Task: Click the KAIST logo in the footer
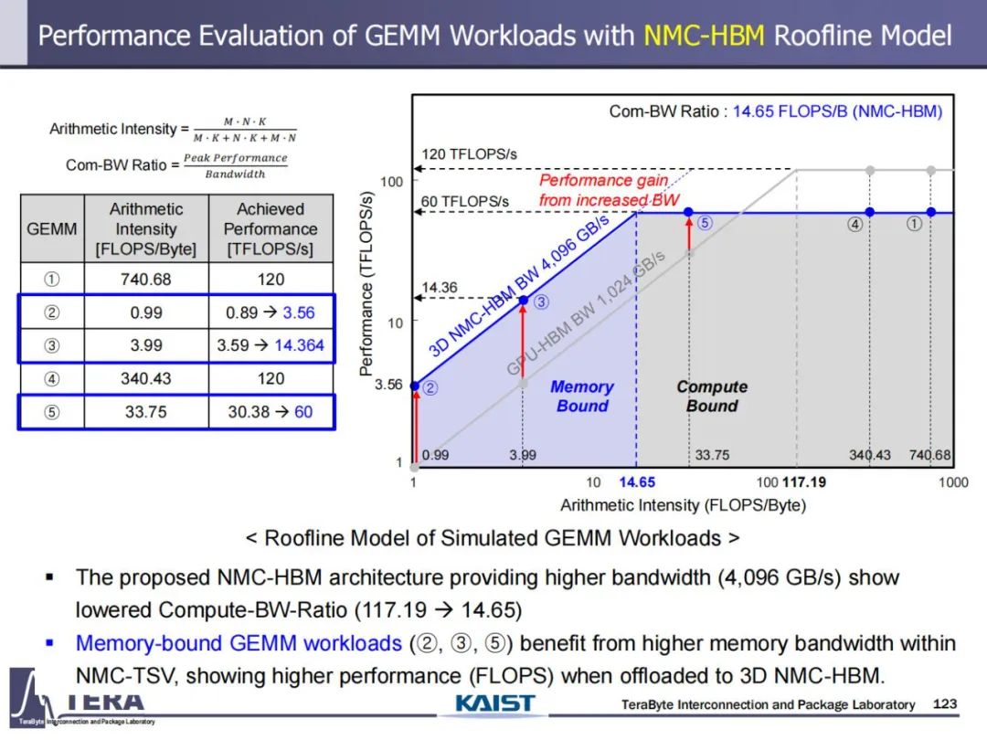click(x=494, y=703)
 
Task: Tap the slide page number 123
click(x=945, y=703)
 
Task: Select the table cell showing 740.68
click(x=146, y=279)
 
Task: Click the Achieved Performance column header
click(x=271, y=228)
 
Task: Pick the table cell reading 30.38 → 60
click(x=271, y=411)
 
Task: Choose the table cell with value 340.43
click(x=146, y=378)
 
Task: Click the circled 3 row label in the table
click(x=51, y=345)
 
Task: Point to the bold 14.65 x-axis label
click(x=637, y=482)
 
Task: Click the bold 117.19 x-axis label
click(x=804, y=482)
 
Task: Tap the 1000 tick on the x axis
click(x=953, y=482)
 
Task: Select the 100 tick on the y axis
click(x=391, y=182)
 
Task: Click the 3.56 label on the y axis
click(x=388, y=384)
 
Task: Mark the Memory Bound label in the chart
click(x=582, y=396)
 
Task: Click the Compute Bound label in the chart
click(x=712, y=396)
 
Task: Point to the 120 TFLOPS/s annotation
click(x=469, y=154)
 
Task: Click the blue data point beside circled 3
click(x=523, y=301)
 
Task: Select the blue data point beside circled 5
click(x=689, y=212)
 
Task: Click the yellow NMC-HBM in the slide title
click(x=704, y=36)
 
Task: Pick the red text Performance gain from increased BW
click(x=609, y=190)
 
